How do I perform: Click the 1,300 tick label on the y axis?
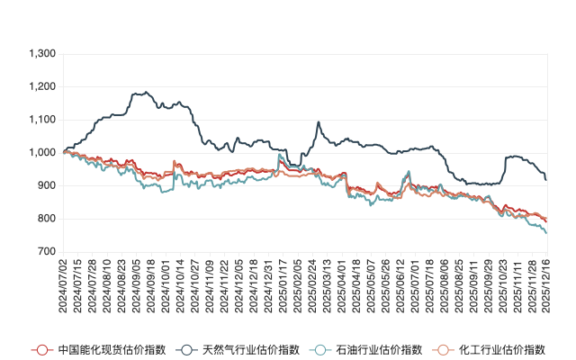(x=42, y=54)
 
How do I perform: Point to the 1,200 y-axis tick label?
(x=42, y=87)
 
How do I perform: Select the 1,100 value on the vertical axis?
(x=42, y=120)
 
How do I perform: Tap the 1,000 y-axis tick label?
(x=42, y=153)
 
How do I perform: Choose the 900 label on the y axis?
(x=47, y=186)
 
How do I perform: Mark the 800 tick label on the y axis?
(x=47, y=219)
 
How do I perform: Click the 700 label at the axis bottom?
(x=47, y=252)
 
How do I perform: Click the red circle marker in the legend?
(x=39, y=349)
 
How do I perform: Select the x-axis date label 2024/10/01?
(x=166, y=285)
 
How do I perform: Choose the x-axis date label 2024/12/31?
(x=266, y=285)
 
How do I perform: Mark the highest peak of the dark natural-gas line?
(x=140, y=91)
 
